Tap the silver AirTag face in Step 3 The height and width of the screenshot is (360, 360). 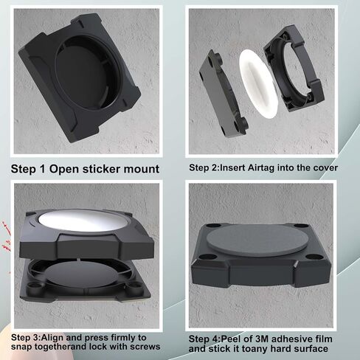[83, 221]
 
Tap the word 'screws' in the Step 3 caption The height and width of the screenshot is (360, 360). [145, 347]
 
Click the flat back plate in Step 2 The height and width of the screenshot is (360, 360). [224, 93]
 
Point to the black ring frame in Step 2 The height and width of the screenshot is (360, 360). [293, 69]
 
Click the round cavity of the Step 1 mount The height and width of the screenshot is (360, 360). [88, 72]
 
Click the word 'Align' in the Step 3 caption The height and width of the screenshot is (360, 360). [52, 338]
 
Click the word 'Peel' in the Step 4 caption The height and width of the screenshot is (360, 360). [229, 339]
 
